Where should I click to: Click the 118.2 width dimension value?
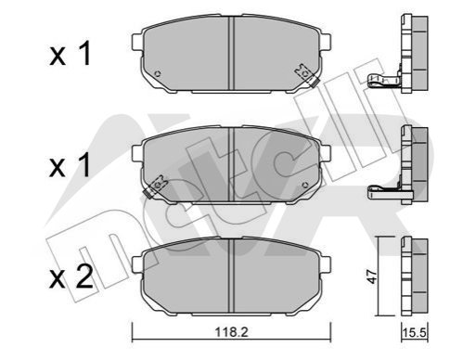[232, 332]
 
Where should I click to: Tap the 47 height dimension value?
[373, 276]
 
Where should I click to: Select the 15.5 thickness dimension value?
[415, 333]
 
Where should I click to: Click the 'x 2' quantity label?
[71, 277]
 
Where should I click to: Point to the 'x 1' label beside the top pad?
[70, 54]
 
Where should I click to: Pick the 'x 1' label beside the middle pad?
[70, 165]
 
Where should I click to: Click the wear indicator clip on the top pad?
[306, 75]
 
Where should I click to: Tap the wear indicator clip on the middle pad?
[156, 186]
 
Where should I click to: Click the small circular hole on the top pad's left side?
[158, 74]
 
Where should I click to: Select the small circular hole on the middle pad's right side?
[305, 186]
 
